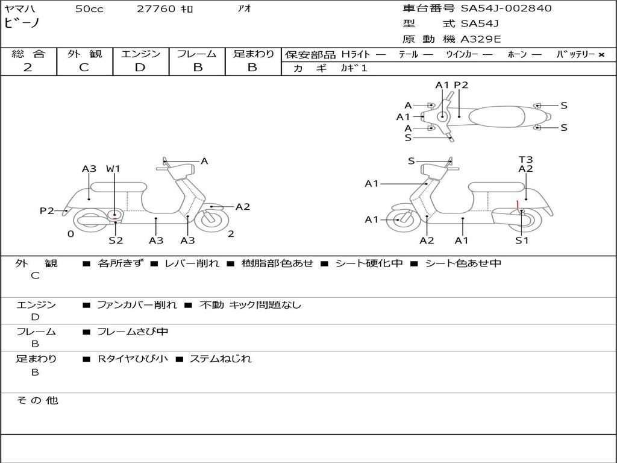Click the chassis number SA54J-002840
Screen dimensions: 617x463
point(506,8)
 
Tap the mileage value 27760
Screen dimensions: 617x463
point(157,9)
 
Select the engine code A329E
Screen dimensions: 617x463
point(480,39)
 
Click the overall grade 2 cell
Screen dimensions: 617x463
point(28,68)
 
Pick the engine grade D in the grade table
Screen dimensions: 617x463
point(140,68)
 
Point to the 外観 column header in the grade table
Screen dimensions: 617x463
point(84,54)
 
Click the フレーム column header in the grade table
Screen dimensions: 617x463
point(197,54)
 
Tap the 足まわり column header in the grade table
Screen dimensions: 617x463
point(253,54)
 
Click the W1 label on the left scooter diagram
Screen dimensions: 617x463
point(113,169)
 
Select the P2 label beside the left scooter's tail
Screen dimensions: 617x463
point(47,210)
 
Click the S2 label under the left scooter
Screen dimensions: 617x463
point(116,241)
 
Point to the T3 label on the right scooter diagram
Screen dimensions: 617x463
point(525,160)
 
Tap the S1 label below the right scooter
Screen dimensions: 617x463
point(522,241)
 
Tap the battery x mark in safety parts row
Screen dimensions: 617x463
point(601,55)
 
